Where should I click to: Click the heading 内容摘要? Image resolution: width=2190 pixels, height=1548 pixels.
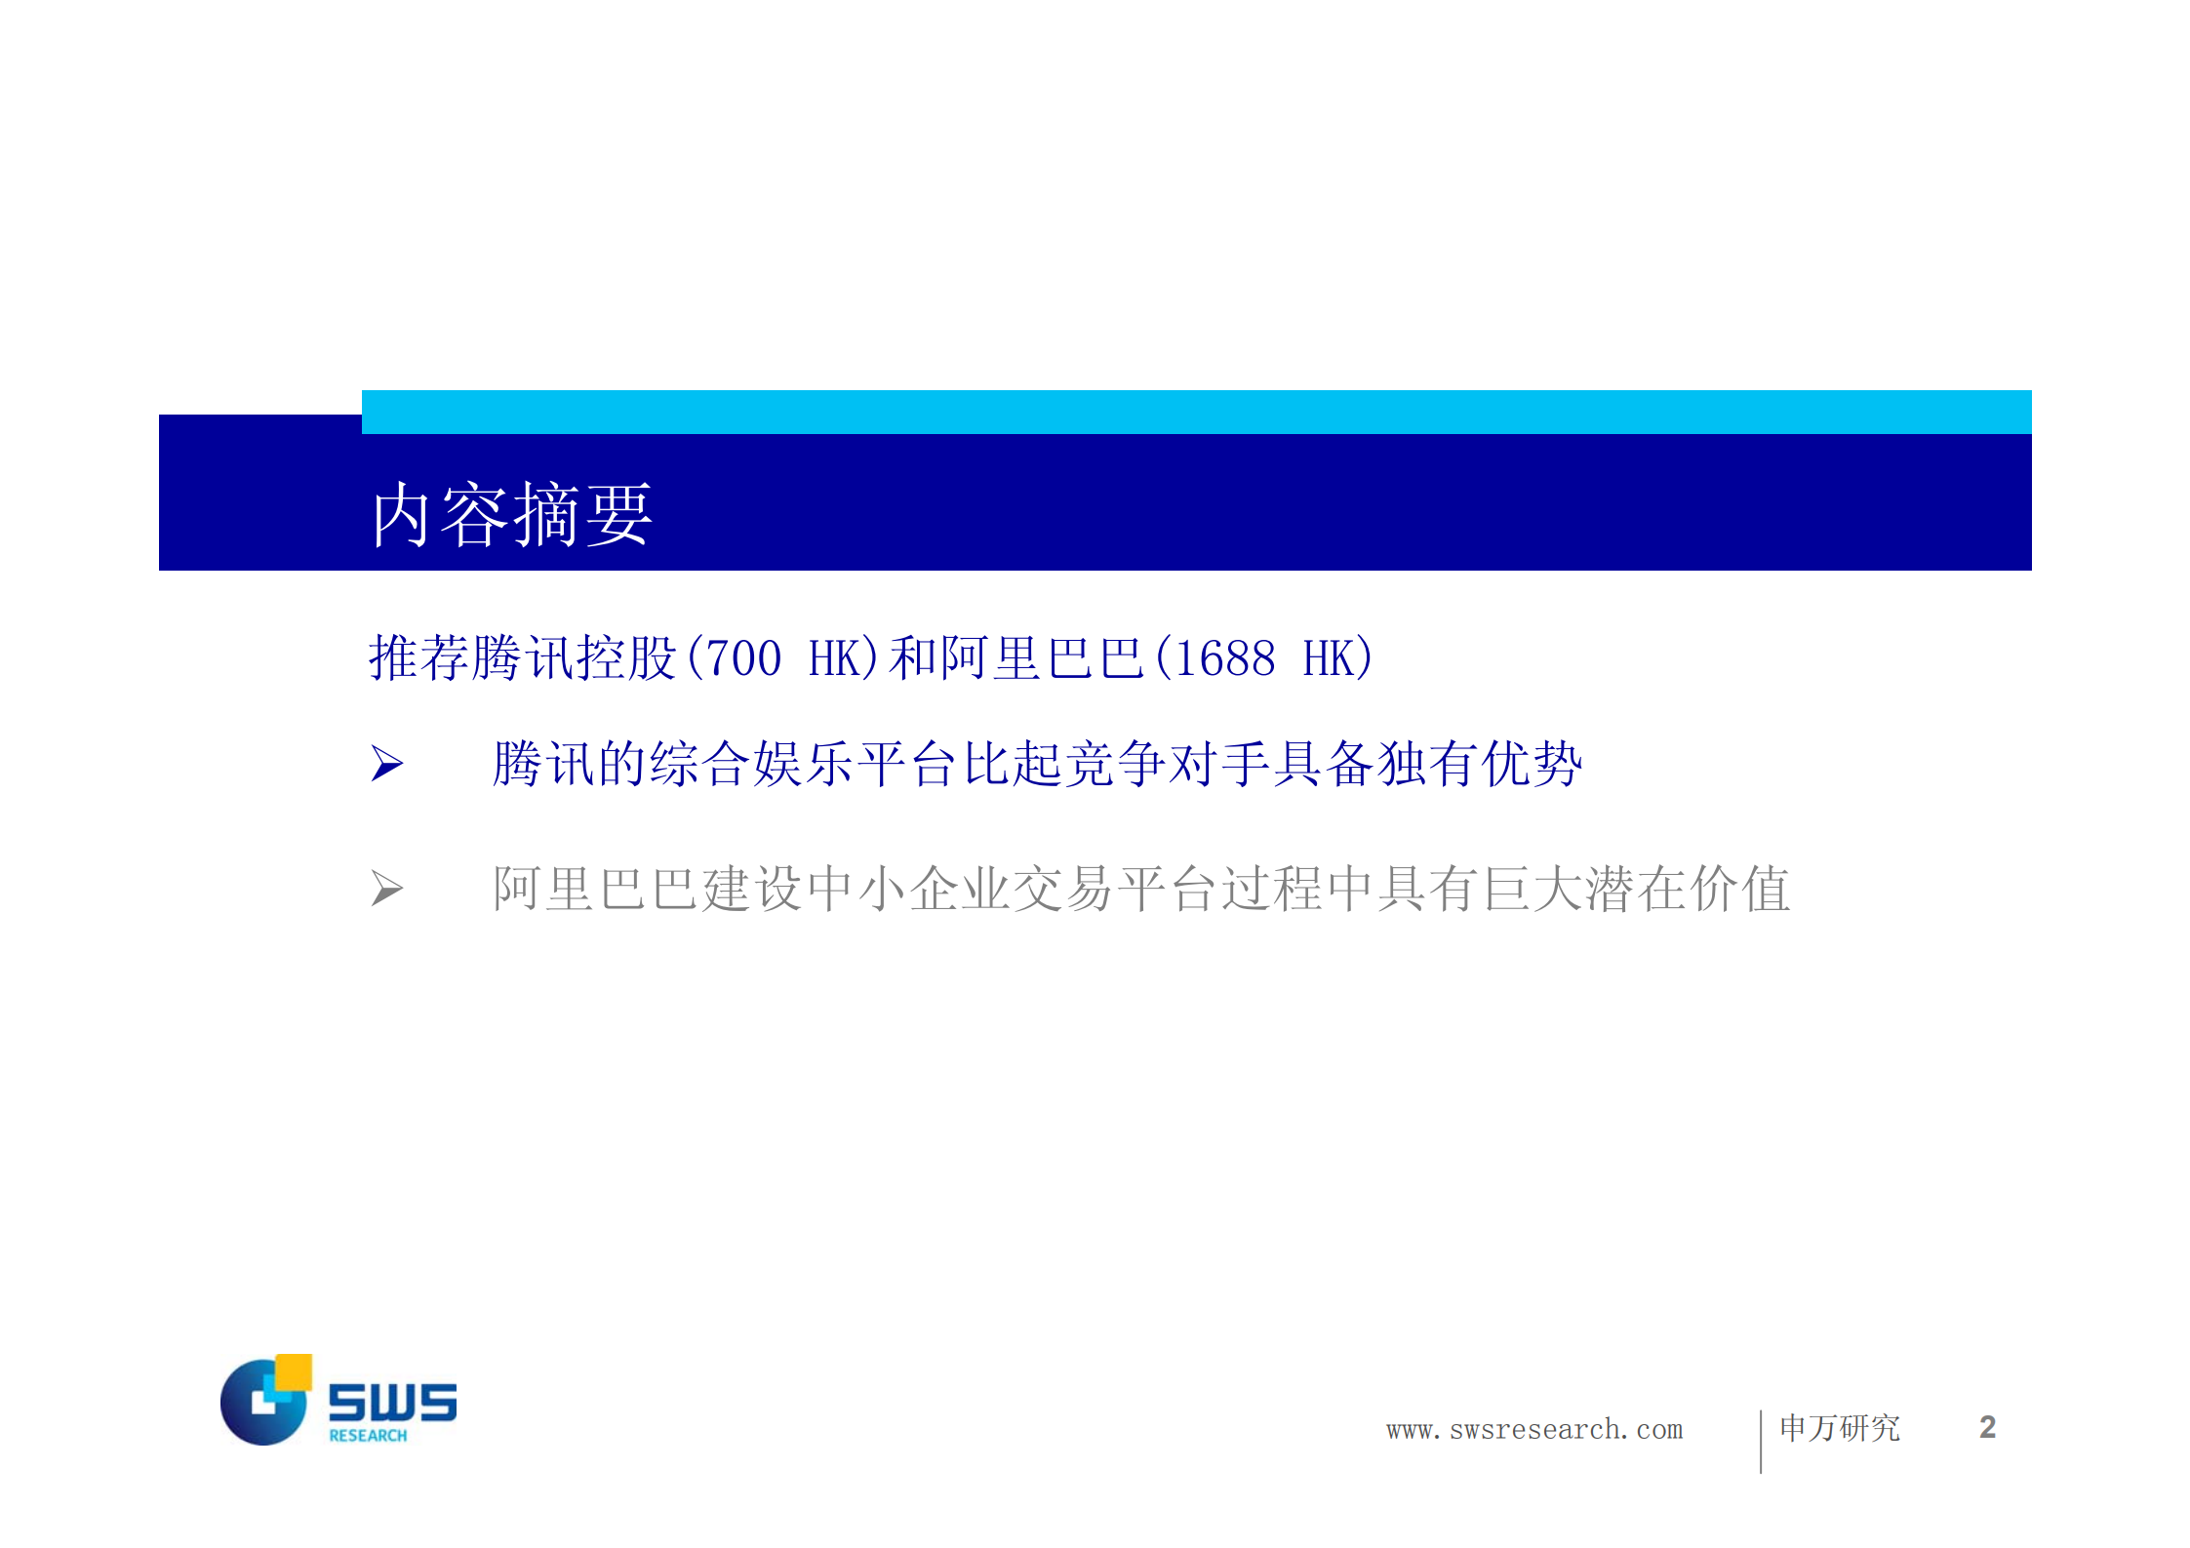tap(511, 514)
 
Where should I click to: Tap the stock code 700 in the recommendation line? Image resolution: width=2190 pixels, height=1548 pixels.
tap(743, 658)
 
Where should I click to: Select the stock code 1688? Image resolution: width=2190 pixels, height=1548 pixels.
tap(1225, 658)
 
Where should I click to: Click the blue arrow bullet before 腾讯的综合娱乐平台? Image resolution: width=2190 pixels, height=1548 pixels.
tap(386, 763)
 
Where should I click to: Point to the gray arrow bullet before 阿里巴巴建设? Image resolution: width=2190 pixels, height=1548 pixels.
tap(386, 888)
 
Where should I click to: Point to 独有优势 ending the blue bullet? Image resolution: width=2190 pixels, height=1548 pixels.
tap(1479, 763)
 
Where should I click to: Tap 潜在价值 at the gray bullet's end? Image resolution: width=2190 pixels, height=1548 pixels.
tap(1688, 889)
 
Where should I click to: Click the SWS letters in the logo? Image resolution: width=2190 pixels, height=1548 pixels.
tap(392, 1402)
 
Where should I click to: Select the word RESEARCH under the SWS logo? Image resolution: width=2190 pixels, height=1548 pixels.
tap(368, 1436)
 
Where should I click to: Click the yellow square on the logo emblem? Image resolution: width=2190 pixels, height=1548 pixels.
tap(294, 1371)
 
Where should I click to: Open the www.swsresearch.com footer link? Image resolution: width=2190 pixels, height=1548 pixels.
tap(1534, 1430)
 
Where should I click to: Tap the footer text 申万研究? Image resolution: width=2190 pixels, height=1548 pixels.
tap(1840, 1428)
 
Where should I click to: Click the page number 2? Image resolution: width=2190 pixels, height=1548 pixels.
tap(1987, 1428)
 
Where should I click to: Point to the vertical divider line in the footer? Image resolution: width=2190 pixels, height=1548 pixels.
tap(1761, 1441)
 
